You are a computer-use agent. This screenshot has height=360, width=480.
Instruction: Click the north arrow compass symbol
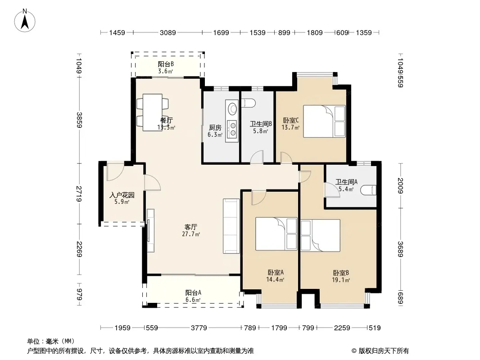click(x=25, y=21)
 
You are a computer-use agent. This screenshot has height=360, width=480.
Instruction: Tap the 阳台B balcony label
click(x=166, y=64)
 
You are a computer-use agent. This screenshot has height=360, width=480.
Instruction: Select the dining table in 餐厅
click(x=153, y=112)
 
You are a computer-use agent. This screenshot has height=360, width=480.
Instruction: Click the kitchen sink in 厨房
click(x=232, y=108)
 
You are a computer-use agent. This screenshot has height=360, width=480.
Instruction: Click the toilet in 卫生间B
click(x=248, y=103)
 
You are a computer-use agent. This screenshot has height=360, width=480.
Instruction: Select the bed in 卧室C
click(x=324, y=121)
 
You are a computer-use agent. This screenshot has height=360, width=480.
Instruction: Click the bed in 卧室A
click(x=276, y=234)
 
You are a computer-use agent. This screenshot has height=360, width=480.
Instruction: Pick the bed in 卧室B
click(x=321, y=235)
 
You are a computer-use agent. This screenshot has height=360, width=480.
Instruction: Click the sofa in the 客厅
click(x=231, y=226)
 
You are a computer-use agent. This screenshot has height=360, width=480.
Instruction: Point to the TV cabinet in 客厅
click(x=150, y=230)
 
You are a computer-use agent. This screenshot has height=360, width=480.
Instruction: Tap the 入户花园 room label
click(x=122, y=195)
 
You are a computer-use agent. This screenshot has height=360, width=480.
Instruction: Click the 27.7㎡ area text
click(x=191, y=234)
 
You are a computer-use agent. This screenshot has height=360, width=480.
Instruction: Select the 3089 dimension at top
click(x=168, y=33)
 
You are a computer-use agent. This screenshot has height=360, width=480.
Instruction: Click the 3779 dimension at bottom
click(x=199, y=328)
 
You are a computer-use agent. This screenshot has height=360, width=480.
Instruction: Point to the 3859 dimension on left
click(x=79, y=120)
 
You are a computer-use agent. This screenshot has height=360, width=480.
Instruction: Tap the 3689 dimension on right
click(x=400, y=249)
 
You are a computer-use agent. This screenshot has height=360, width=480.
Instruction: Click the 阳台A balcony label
click(x=193, y=292)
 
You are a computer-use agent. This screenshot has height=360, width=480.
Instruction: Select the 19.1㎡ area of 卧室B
click(x=341, y=280)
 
